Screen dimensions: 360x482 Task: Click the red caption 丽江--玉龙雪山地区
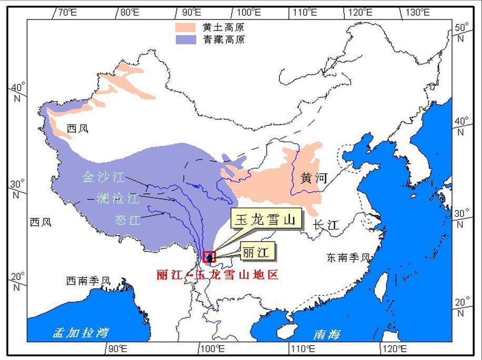point(217,275)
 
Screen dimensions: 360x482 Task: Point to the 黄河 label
point(314,178)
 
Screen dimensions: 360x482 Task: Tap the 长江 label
point(325,225)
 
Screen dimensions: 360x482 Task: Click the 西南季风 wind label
point(88,281)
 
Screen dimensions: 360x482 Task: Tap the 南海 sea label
point(327,334)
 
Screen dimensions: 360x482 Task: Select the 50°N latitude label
point(461,32)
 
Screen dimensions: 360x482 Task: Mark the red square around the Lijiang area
point(209,257)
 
